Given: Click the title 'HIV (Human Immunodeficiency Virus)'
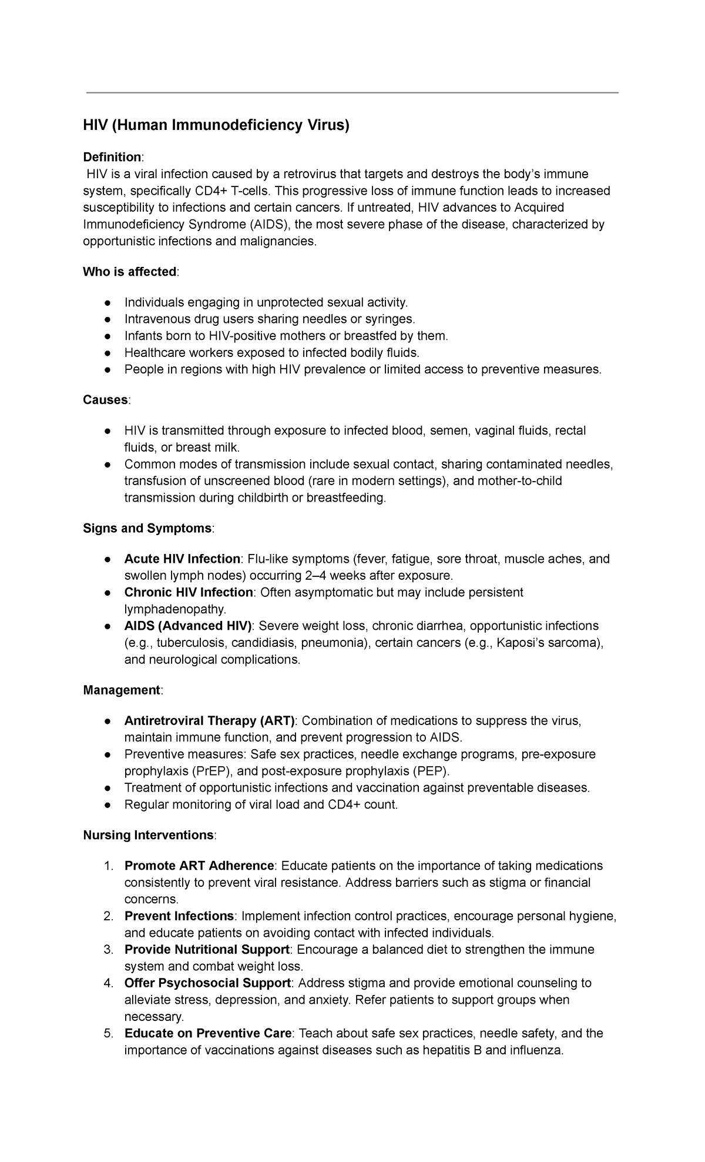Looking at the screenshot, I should coord(216,125).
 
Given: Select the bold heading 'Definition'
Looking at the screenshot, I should coord(112,157).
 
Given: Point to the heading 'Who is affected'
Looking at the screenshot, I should coord(129,272).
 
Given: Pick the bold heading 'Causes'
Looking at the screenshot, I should coord(105,400).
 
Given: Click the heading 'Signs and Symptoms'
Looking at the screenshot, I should coord(147,529).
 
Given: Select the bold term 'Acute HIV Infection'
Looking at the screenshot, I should coord(182,559).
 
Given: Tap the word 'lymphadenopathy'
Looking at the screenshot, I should coord(174,609).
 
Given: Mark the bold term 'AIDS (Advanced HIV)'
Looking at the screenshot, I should coord(188,626).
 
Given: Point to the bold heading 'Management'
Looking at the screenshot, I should coord(122,690).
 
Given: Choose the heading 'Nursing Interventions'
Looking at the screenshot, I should coord(148,836).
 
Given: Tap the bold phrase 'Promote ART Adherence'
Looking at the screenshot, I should coord(199,866).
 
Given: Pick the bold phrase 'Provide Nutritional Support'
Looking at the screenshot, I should coord(207,950).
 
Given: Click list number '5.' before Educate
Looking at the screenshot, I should coord(108,1033).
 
